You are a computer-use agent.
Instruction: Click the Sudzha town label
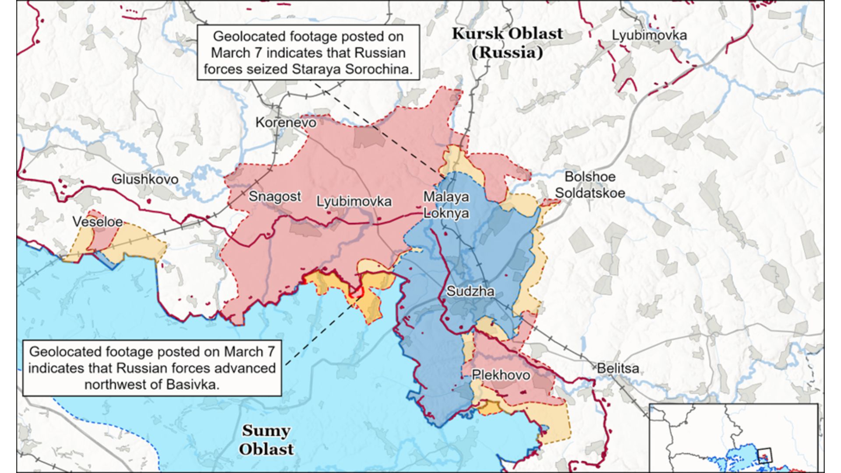coord(470,291)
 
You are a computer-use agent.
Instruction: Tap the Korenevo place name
coord(286,122)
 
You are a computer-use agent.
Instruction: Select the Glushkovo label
coord(145,179)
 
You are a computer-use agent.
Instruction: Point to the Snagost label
coord(275,196)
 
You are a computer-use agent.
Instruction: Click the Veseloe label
coord(97,222)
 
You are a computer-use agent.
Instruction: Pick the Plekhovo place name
coord(501,375)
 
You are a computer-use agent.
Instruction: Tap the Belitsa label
coord(618,368)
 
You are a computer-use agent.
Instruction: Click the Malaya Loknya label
coord(446,205)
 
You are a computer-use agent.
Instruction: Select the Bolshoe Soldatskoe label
coord(590,185)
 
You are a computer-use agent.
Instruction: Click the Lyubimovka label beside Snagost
coord(354,201)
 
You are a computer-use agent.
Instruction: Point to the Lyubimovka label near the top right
coord(649,35)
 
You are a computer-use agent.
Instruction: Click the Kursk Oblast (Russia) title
coord(507,43)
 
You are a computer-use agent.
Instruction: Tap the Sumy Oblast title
coord(266,440)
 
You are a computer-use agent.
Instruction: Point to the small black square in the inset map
coord(764,455)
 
